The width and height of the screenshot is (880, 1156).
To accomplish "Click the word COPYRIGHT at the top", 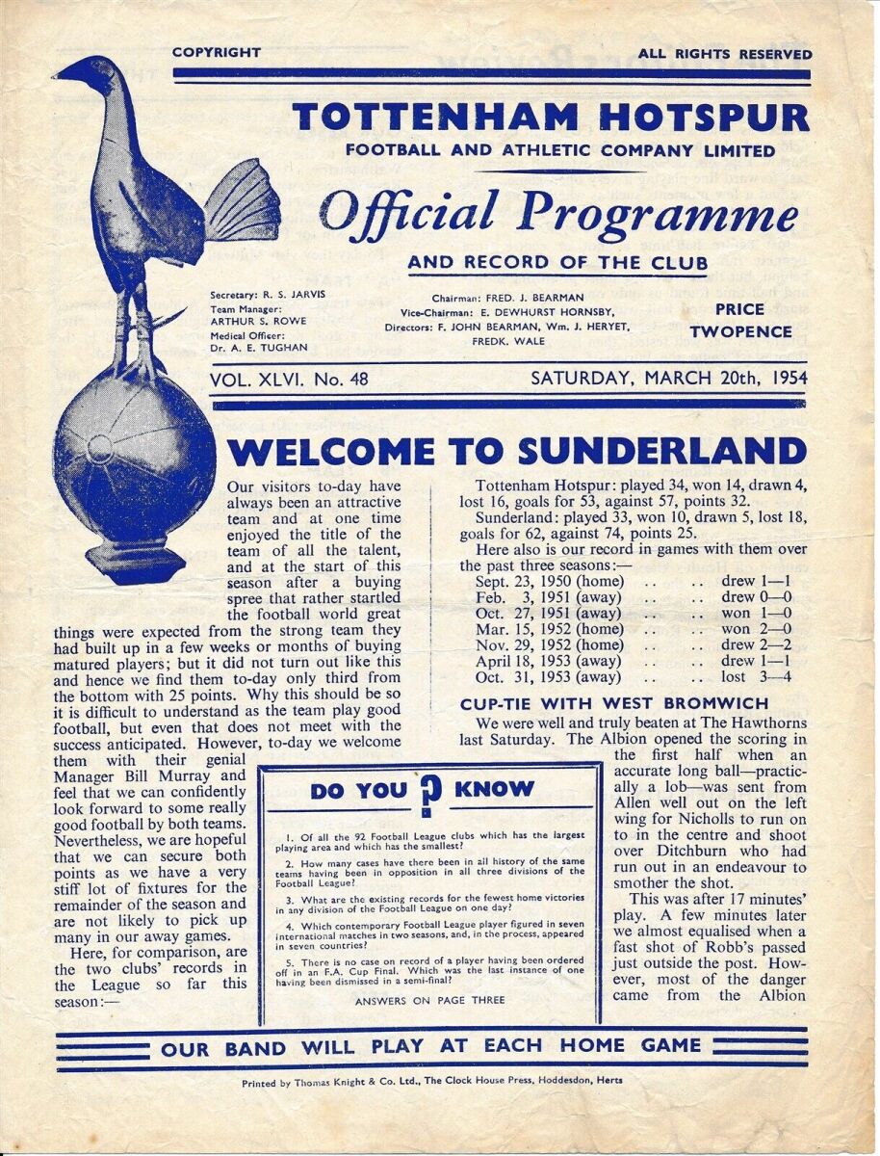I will [x=217, y=53].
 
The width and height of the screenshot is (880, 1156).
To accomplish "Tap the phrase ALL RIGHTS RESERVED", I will [x=725, y=54].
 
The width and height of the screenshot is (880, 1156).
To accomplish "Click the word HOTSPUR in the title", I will [x=687, y=118].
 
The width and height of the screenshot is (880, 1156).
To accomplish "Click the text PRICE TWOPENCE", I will [x=739, y=321].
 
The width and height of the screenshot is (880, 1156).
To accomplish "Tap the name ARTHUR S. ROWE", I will [x=254, y=323].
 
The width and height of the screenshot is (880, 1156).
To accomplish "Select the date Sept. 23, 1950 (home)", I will [x=535, y=581].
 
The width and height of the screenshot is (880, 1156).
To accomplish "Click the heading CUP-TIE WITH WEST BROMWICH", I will [x=614, y=703].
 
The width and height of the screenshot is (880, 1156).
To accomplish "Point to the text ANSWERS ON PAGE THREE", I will [x=429, y=1000].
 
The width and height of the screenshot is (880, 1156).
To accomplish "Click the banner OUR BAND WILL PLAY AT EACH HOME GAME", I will [x=430, y=1047].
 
